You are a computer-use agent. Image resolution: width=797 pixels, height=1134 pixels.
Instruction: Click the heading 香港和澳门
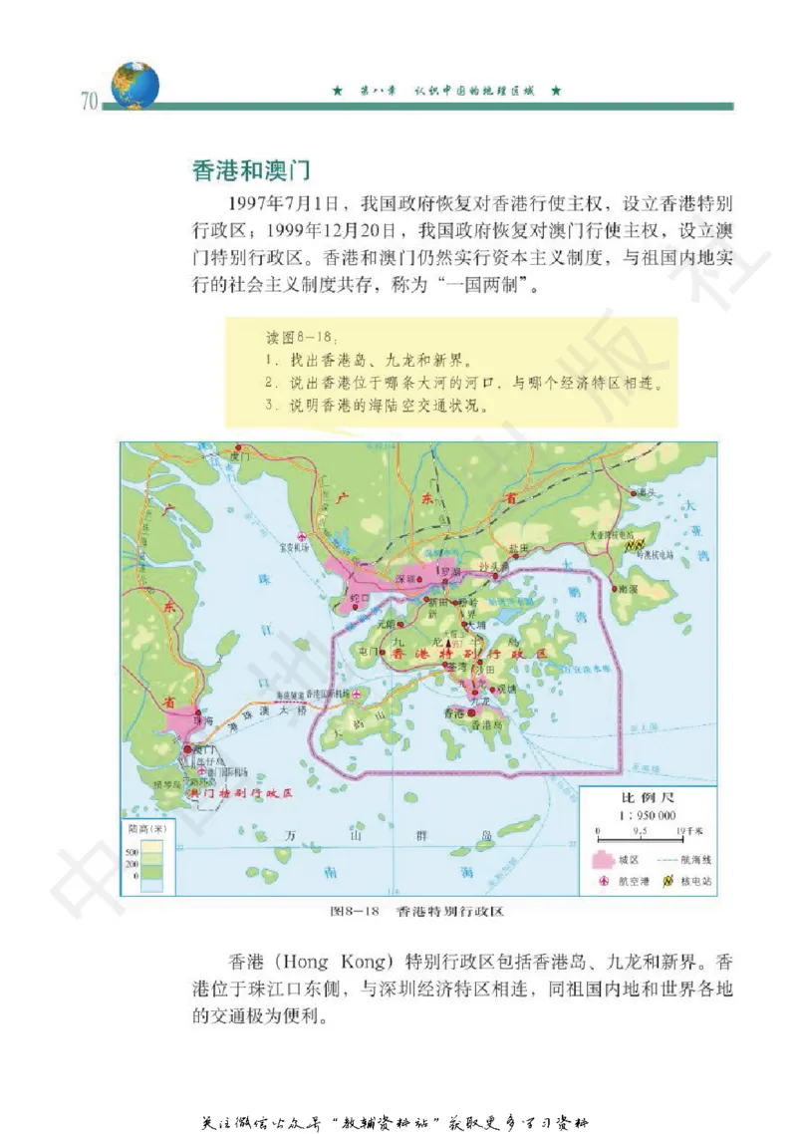coord(255,169)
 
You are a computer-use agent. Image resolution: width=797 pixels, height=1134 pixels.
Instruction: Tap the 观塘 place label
coord(505,688)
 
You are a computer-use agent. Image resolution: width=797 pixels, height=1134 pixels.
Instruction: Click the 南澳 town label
coord(628,589)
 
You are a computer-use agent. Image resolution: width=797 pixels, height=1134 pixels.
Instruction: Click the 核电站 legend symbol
coord(669,881)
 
